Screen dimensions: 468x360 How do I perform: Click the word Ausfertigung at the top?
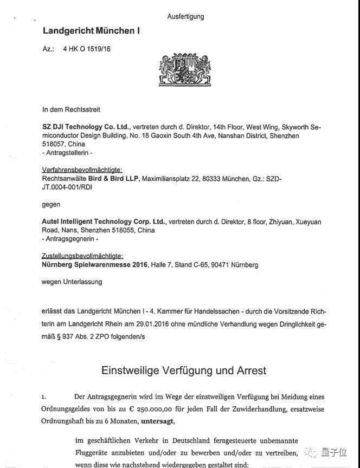point(185,16)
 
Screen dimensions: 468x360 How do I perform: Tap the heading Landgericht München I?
point(91,31)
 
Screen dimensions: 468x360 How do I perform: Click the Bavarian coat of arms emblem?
point(180,69)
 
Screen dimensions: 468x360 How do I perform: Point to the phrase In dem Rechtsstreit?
point(71,109)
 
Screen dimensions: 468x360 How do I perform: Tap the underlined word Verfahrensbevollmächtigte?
point(82,170)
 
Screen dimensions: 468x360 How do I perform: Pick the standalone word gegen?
point(51,205)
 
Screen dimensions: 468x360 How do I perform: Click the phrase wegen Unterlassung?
point(72,282)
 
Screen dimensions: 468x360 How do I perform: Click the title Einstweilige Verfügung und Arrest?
point(184,370)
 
